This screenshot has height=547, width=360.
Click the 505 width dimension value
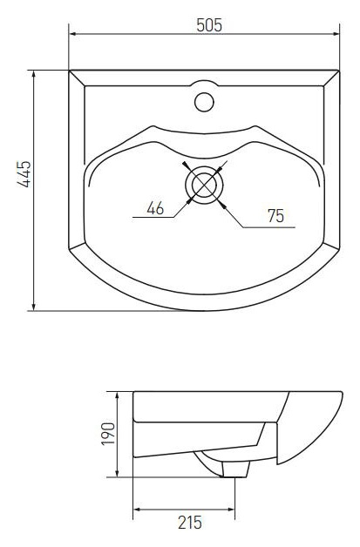coord(209,25)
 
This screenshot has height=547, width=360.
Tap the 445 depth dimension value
coord(24,174)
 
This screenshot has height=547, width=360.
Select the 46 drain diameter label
coord(155,208)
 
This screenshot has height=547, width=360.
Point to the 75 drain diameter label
coord(275,216)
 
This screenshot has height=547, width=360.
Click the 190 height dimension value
coord(108,434)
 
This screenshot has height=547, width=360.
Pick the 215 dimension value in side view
coord(190,523)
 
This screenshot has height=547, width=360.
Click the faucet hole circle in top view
coord(204,102)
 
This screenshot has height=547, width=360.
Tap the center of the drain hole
coord(204,185)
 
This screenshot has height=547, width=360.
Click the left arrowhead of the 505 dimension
coord(73,34)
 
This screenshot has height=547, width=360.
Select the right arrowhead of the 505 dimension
coord(336,34)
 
